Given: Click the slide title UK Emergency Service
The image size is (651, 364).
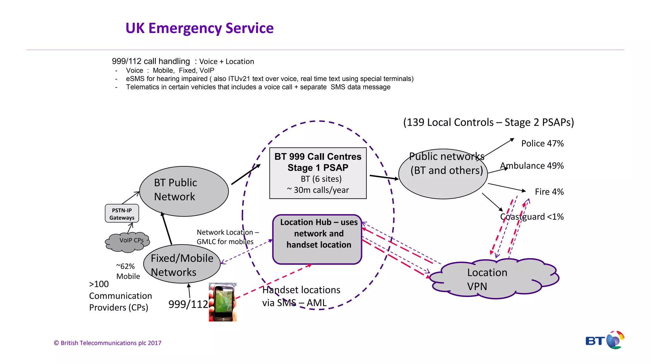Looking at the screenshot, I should (199, 28).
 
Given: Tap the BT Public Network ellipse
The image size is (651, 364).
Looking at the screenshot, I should (184, 191).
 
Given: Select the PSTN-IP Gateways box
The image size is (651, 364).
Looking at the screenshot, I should (122, 214).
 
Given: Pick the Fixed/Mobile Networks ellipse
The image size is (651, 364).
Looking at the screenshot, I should (182, 264).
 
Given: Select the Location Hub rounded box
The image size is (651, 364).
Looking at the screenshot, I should (317, 239).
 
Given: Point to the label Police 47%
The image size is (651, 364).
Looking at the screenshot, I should (542, 143).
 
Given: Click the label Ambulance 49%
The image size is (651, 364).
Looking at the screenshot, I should (532, 166).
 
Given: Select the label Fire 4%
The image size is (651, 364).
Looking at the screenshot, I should (549, 192).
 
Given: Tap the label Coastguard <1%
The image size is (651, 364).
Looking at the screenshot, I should (532, 217).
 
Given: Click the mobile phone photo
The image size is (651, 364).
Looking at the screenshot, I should (223, 302).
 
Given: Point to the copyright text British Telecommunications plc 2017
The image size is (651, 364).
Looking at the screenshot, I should (107, 343).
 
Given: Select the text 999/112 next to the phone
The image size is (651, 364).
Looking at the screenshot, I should (188, 304).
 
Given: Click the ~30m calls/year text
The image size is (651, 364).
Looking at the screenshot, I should (318, 190).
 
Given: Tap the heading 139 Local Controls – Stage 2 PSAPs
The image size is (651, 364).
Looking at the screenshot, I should (488, 122).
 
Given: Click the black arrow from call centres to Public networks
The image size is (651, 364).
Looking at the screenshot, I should (383, 177).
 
